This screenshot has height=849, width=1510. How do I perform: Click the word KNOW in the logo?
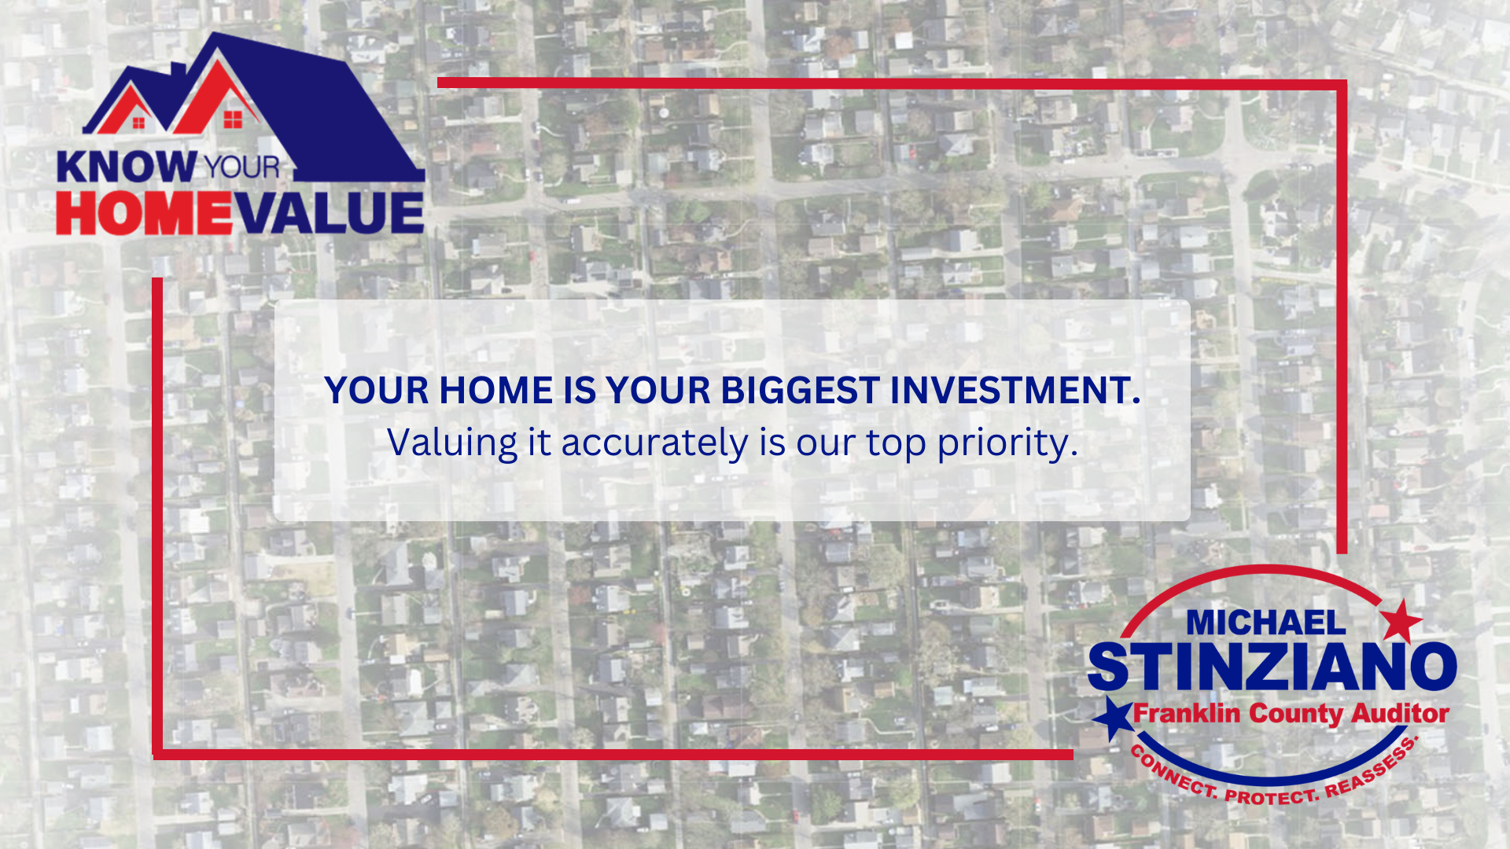[127, 167]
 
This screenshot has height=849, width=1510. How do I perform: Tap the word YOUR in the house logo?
[241, 167]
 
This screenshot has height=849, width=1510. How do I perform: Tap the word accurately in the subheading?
[654, 443]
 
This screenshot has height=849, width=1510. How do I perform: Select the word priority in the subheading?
[1007, 443]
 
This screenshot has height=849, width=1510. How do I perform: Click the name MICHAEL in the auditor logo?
[1265, 623]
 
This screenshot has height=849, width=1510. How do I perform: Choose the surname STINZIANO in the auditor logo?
[1272, 667]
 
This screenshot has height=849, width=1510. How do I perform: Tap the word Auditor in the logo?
[1400, 714]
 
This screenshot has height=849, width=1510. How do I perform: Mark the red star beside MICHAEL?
[1401, 621]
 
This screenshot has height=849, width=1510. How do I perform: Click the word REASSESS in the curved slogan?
[1373, 770]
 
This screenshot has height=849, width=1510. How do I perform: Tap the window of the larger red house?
[233, 119]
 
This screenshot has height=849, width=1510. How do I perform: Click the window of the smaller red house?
[139, 122]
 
